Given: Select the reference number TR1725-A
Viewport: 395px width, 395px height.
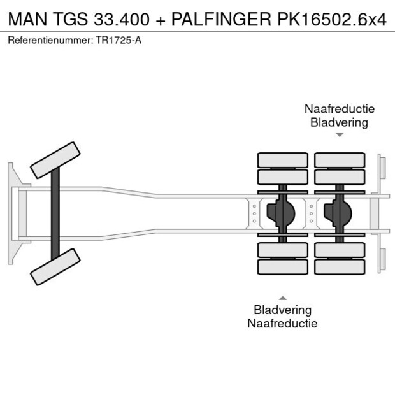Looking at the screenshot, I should coord(118,40).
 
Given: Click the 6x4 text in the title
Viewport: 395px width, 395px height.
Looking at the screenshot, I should coord(372,19).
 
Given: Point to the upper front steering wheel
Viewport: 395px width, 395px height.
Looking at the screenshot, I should coord(56,160).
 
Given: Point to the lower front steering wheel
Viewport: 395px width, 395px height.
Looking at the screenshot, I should coord(55,266).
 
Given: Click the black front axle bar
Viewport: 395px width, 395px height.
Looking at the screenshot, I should coord(56,213).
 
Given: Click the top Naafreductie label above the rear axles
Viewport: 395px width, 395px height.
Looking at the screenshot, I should coord(339,108).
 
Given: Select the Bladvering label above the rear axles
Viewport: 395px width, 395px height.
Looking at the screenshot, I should coord(339,122).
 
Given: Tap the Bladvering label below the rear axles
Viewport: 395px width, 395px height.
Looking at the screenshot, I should coord(283,310).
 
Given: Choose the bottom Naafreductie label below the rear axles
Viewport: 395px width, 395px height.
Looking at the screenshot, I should coord(283,323).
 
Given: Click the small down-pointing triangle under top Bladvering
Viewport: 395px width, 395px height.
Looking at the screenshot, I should coord(340,135).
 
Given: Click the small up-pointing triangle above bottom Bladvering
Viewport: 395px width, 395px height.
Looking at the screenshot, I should coord(283,298).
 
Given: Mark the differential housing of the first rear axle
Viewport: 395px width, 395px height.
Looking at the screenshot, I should coord(282,213).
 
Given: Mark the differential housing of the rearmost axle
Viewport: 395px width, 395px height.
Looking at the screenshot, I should coord(339,213).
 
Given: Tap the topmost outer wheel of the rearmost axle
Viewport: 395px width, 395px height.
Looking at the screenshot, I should coord(340,160).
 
